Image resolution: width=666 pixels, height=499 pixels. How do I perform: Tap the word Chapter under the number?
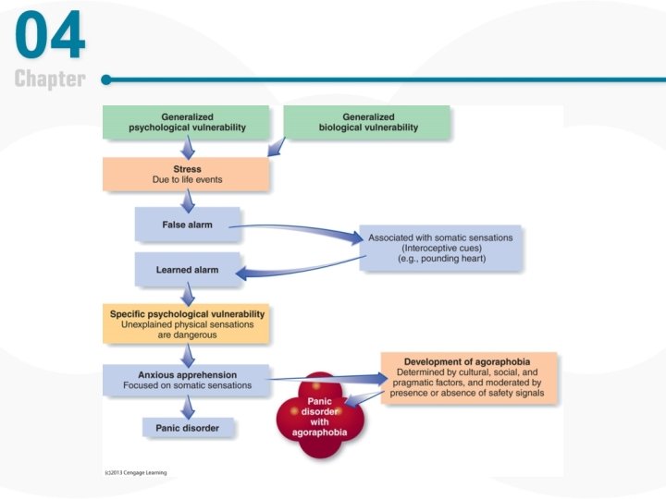pyautogui.click(x=50, y=79)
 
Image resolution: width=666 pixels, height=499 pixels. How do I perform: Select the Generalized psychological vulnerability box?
pyautogui.click(x=186, y=122)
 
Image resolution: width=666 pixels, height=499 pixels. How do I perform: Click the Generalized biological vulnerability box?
pyautogui.click(x=367, y=122)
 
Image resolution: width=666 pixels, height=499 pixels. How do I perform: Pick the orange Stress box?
pyautogui.click(x=186, y=174)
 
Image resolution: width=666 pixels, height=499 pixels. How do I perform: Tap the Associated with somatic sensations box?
pyautogui.click(x=439, y=248)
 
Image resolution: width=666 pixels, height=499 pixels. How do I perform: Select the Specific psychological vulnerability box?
pyautogui.click(x=186, y=323)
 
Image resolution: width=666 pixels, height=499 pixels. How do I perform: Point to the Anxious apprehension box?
pyautogui.click(x=186, y=380)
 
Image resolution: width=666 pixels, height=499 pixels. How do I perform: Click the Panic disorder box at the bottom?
pyautogui.click(x=187, y=427)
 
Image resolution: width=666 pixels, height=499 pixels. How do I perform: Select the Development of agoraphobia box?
pyautogui.click(x=470, y=377)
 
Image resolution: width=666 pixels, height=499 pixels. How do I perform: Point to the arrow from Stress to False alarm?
pyautogui.click(x=188, y=199)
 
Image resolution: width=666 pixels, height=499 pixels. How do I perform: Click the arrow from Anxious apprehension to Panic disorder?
pyautogui.click(x=188, y=406)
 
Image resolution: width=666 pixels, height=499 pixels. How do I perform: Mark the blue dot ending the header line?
pyautogui.click(x=106, y=79)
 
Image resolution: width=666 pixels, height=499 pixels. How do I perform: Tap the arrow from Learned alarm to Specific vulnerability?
pyautogui.click(x=188, y=295)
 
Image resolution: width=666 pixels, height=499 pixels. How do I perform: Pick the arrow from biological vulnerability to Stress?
pyautogui.click(x=276, y=147)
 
